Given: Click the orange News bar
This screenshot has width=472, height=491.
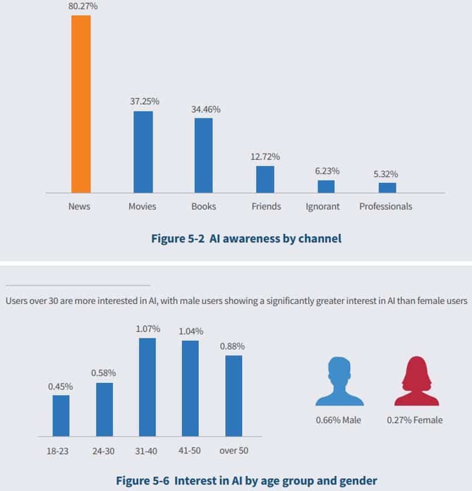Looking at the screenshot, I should coord(81,104).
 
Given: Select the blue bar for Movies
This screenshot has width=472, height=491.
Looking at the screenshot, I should coord(143,152).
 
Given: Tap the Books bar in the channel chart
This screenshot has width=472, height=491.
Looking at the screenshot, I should coord(204,155).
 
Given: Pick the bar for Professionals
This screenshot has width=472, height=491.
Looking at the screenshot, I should coord(387,188).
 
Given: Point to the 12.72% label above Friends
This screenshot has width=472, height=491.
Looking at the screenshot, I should coord(265,157).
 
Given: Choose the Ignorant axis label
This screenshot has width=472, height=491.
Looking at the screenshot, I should coord(322,206).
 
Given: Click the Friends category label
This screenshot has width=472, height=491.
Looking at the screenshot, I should coord(266,206).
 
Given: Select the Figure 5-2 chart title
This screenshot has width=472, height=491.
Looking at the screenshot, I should coord(246,238).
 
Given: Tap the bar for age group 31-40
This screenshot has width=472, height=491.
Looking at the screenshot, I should coord(147,387).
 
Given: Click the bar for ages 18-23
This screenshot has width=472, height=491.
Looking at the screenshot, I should coord(61,416).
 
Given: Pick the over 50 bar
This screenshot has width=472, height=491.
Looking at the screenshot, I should coord(233,396).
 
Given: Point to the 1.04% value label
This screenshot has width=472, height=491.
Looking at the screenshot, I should coord(191,331).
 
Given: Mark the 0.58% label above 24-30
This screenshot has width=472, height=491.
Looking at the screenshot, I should coord(104,373).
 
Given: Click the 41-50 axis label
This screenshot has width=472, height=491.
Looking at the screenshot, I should coord(190,451).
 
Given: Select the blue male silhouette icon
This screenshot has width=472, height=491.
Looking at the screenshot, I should coord(339,381).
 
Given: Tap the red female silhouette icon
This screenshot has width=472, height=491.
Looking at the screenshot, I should coord(416,381).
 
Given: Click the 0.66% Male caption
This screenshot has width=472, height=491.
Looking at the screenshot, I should coord(339,420).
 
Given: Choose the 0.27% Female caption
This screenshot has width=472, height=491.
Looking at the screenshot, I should coord(415,420).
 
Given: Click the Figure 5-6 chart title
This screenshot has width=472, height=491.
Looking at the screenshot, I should coord(246,480).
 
